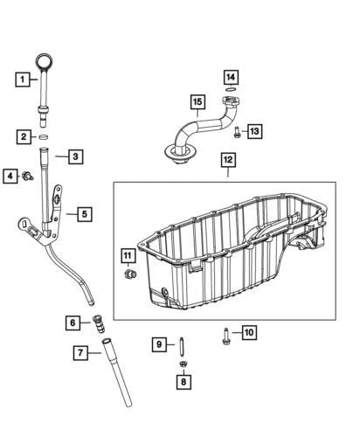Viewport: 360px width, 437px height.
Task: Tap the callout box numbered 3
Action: tap(75, 157)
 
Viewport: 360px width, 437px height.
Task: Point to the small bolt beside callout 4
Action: tap(28, 177)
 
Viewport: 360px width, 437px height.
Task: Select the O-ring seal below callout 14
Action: tap(230, 91)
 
